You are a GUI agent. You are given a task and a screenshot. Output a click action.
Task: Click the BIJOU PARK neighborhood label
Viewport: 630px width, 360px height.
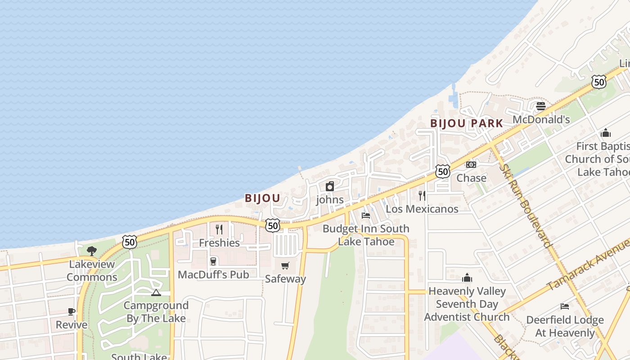coord(466,123)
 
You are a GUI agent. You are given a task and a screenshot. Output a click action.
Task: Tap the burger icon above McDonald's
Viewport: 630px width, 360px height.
coord(541,106)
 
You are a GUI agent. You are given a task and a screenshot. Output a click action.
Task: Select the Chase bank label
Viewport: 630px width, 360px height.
coord(471,178)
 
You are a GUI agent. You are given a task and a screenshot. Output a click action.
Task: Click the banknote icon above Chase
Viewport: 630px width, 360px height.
coord(471,165)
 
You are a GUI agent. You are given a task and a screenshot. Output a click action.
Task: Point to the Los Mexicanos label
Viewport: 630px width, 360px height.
coord(422,209)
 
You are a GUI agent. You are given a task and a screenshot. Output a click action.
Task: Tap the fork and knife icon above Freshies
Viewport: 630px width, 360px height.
coord(219,229)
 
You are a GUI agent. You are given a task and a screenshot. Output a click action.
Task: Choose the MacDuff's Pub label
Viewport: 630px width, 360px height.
coord(213,274)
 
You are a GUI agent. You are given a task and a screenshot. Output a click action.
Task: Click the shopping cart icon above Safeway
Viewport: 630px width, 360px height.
coord(285,265)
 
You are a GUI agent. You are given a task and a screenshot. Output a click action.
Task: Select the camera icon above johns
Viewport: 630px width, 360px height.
coord(330,186)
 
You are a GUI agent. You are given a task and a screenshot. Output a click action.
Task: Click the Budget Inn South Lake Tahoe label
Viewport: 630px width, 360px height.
coord(366,235)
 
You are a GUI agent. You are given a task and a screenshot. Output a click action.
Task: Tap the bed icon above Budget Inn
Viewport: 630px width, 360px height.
coord(366,216)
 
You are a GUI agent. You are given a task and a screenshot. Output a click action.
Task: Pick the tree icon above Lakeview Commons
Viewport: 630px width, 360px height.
coord(92,251)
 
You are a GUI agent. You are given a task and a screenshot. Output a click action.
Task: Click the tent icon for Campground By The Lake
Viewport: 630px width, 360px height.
coord(156,293)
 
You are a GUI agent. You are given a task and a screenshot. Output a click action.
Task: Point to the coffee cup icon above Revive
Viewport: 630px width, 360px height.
coord(72,311)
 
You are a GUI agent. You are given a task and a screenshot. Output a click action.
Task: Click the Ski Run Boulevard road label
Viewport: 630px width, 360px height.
coord(526,205)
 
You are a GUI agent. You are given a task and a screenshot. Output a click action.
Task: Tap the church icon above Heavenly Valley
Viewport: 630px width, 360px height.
coord(467,278)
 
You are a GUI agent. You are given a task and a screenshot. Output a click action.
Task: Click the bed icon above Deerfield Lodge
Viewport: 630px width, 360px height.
coord(565,306)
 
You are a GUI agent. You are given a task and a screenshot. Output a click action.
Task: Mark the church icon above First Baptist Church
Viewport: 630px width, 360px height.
coord(606,133)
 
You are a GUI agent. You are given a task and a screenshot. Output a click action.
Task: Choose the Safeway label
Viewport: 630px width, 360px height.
coord(285,279)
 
